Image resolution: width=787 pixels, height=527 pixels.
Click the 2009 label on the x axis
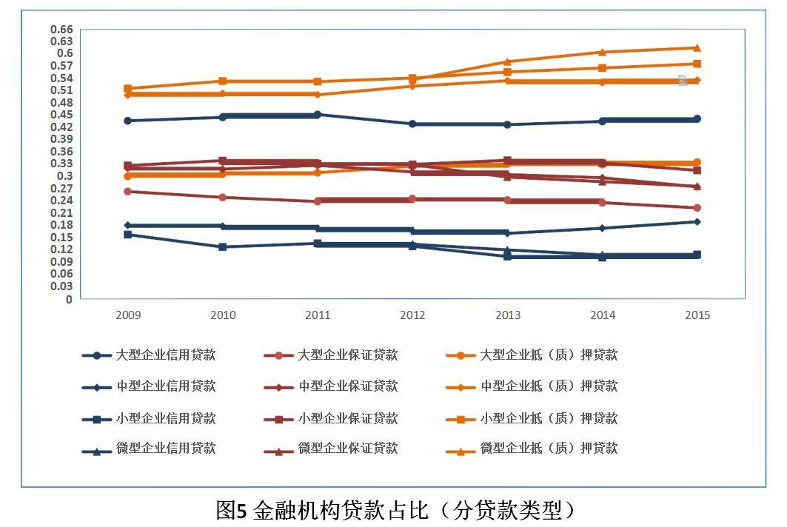coord(128,315)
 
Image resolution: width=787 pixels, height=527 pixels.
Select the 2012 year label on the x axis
coord(412,315)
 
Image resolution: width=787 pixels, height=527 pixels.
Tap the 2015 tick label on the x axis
coord(697,315)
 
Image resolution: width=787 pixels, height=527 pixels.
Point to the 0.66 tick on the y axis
coord(61,29)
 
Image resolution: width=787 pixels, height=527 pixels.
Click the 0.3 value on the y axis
coord(65,176)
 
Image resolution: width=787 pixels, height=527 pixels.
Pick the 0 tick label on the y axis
coord(70,299)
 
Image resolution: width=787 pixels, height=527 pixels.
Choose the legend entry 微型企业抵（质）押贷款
coord(549,449)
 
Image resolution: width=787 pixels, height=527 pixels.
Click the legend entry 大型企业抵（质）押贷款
coord(549,355)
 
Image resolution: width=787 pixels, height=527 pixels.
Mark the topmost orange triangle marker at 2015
coord(697,48)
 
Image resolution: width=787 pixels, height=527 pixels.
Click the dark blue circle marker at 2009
coord(128,121)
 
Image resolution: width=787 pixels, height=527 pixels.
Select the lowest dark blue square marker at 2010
coord(223,246)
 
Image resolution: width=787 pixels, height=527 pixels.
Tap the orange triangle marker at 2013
coord(507,61)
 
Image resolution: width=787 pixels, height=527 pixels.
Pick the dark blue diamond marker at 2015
coord(697,221)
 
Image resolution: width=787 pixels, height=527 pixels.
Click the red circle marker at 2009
coord(128,192)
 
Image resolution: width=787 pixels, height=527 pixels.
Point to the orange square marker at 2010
coord(223,81)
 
